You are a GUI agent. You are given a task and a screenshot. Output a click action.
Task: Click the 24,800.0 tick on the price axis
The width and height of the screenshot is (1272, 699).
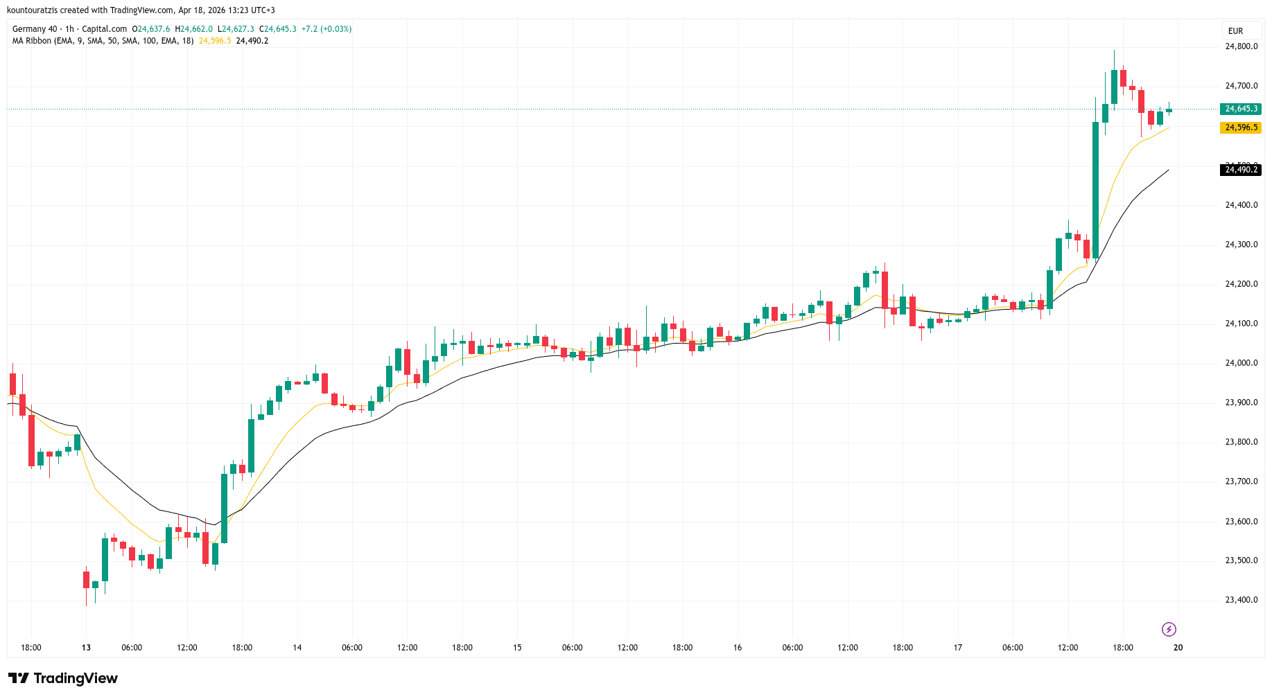[x=1241, y=46]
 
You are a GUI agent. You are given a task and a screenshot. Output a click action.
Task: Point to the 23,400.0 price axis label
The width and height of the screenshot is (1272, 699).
[x=1241, y=600]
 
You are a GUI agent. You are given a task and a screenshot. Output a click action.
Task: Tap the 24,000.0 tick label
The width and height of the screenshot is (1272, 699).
[x=1241, y=363]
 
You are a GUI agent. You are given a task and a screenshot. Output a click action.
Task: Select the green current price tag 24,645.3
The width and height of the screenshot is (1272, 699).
[x=1241, y=109]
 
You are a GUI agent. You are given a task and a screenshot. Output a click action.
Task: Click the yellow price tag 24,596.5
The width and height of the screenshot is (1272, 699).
[x=1241, y=127]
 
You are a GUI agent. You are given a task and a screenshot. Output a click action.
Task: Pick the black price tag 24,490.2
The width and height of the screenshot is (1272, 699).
[x=1241, y=170]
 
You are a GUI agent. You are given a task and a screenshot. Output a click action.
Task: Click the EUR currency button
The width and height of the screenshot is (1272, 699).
[x=1235, y=31]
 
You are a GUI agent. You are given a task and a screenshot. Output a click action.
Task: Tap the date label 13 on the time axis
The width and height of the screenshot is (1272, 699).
[x=86, y=648]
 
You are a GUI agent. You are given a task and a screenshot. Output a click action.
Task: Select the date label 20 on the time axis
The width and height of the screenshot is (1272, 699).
[x=1178, y=648]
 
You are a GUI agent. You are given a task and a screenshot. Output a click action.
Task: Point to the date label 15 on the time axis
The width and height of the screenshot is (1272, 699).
[x=517, y=648]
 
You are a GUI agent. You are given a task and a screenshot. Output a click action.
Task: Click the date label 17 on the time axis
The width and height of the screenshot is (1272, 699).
[x=957, y=648]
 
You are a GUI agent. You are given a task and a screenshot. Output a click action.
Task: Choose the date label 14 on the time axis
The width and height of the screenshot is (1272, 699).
[x=297, y=648]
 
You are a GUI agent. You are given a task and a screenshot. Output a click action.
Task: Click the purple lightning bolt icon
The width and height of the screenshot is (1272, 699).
[x=1169, y=629]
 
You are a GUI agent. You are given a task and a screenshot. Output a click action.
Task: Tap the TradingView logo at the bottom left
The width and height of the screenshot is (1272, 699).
[x=63, y=678]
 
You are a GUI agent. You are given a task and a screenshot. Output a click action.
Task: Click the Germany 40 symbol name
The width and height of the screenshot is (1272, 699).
[x=35, y=29]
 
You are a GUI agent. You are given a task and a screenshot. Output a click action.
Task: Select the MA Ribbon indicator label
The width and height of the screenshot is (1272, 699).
[x=32, y=41]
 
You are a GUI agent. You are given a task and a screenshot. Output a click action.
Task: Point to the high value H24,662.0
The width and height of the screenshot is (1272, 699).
[x=194, y=29]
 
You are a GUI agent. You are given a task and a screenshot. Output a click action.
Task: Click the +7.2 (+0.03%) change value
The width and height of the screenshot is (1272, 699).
[x=326, y=29]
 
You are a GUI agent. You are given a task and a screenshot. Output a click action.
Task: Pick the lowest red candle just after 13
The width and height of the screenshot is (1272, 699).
[x=87, y=580]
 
